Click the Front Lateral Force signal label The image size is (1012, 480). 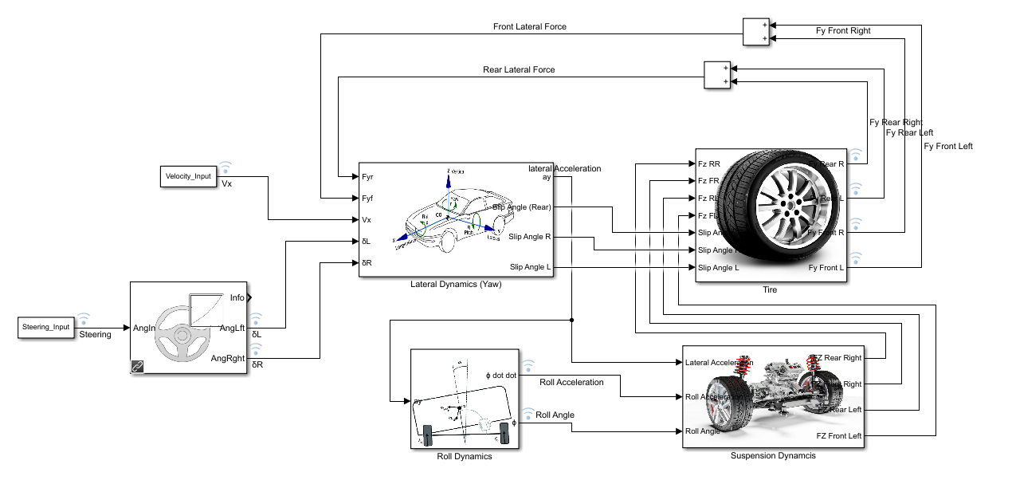click(529, 27)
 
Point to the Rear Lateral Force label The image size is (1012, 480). click(519, 70)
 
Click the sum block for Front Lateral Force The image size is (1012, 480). click(756, 32)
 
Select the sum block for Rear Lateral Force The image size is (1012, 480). click(717, 75)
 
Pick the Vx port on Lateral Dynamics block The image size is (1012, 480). click(367, 219)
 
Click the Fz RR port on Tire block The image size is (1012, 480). click(708, 163)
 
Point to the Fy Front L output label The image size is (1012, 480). click(826, 267)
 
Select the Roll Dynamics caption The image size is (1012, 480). click(464, 457)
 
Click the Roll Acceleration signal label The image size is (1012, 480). click(571, 383)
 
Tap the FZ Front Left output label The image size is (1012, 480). click(838, 435)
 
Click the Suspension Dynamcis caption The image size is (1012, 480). click(773, 456)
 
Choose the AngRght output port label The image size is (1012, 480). click(228, 359)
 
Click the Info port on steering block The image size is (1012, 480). click(237, 297)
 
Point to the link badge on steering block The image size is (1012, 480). click(138, 367)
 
